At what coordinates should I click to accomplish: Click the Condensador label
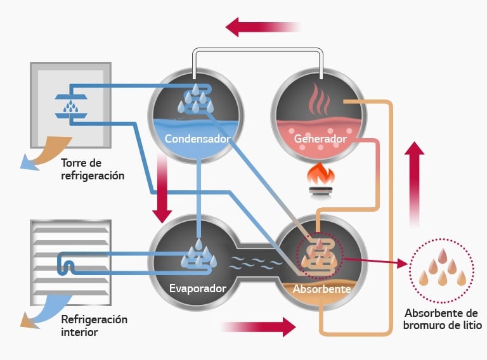[198, 139]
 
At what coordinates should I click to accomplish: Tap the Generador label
[320, 139]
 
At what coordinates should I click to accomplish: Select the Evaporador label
[198, 288]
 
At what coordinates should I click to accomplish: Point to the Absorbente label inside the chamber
[321, 289]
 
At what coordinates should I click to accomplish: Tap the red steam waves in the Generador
[319, 99]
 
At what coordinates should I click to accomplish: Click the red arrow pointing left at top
[263, 27]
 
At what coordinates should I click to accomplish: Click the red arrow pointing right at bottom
[259, 327]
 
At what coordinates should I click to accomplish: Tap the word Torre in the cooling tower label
[73, 163]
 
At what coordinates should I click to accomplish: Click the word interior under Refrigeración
[79, 332]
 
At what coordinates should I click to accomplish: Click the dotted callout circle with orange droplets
[441, 271]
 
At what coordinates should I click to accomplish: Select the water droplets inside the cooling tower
[71, 106]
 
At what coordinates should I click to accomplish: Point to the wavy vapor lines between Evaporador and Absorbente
[256, 263]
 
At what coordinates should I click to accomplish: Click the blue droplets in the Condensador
[196, 98]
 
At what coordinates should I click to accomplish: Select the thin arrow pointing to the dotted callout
[376, 262]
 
